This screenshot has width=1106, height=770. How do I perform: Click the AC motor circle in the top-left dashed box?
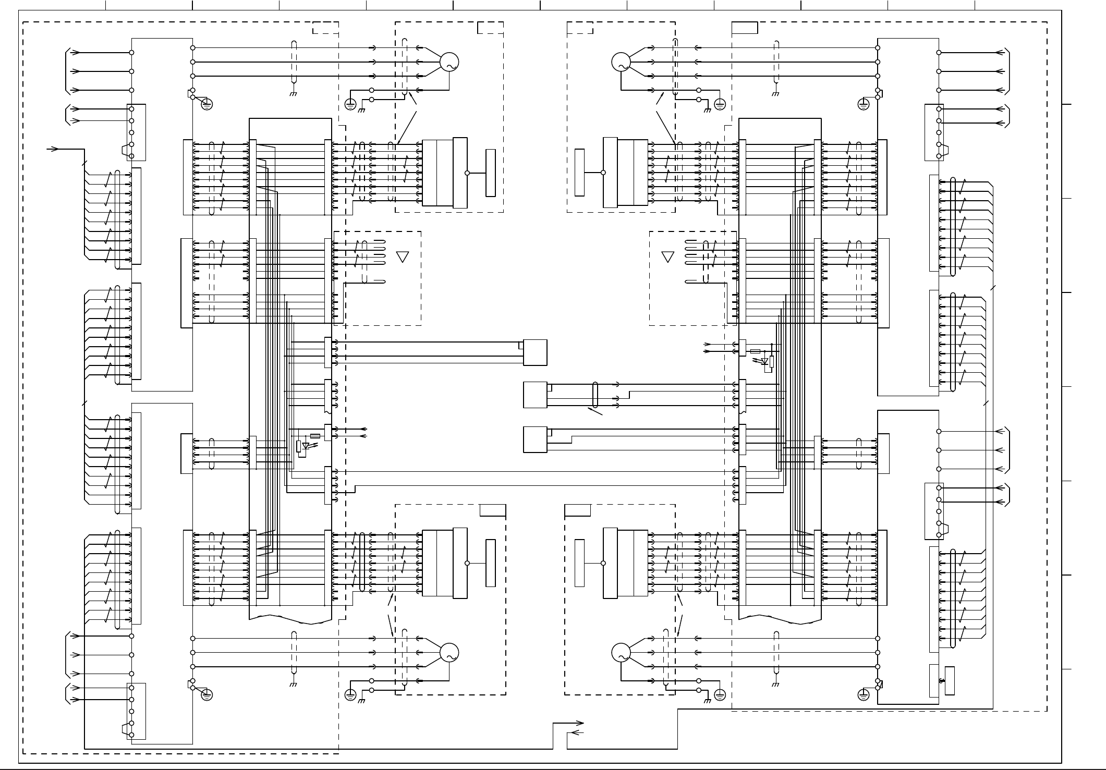point(449,62)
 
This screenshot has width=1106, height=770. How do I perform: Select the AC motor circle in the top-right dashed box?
point(621,62)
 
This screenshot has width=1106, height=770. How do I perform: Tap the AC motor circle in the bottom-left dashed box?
point(449,652)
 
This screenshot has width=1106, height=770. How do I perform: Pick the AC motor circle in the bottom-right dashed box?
point(621,652)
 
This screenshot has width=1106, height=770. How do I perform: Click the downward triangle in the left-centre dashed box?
point(403,256)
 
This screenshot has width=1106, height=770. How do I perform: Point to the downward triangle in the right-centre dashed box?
point(667,256)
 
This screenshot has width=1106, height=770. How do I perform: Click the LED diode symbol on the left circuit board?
point(307,446)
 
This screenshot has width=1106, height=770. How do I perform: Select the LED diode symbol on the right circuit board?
point(764,361)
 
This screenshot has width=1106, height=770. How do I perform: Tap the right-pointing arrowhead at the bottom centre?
point(580,723)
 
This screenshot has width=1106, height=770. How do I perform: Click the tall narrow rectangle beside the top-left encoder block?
point(490,173)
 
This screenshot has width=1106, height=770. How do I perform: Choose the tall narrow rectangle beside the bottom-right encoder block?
point(579,563)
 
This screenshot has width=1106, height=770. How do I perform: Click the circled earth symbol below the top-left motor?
point(350,104)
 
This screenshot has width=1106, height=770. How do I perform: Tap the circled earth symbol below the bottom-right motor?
point(720,694)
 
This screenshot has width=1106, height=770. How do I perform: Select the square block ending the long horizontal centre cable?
point(535,352)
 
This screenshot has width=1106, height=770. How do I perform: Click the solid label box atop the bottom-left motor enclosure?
point(493,510)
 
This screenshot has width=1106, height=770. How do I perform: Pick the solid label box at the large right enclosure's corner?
point(745,28)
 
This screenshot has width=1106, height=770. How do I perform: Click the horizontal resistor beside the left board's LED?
point(315,436)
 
